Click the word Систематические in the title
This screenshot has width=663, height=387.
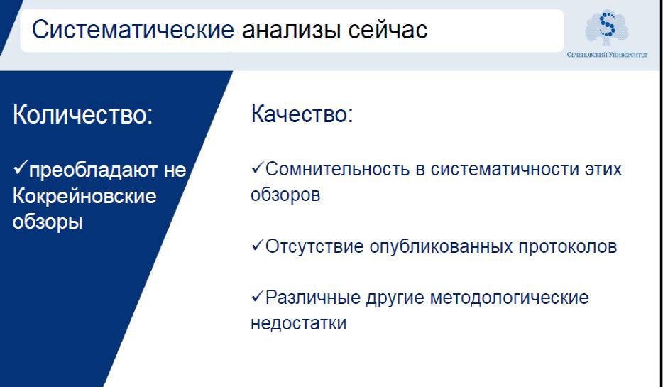point(133,30)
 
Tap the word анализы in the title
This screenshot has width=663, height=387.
point(291,31)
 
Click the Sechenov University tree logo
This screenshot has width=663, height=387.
point(607,27)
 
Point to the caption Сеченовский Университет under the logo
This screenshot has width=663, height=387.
point(607,55)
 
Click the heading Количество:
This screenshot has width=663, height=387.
point(82,114)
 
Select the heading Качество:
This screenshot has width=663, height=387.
point(302,114)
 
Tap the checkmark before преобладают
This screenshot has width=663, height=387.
point(21,167)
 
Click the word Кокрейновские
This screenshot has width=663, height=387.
point(84,196)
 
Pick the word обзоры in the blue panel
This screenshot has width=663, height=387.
point(48,222)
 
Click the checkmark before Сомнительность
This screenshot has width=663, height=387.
point(258,168)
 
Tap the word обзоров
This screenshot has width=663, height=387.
point(285,195)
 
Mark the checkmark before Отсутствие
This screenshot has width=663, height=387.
point(258,245)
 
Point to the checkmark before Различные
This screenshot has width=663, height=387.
point(258,296)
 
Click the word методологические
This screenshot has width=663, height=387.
point(509,298)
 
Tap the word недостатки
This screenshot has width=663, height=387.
point(299,323)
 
